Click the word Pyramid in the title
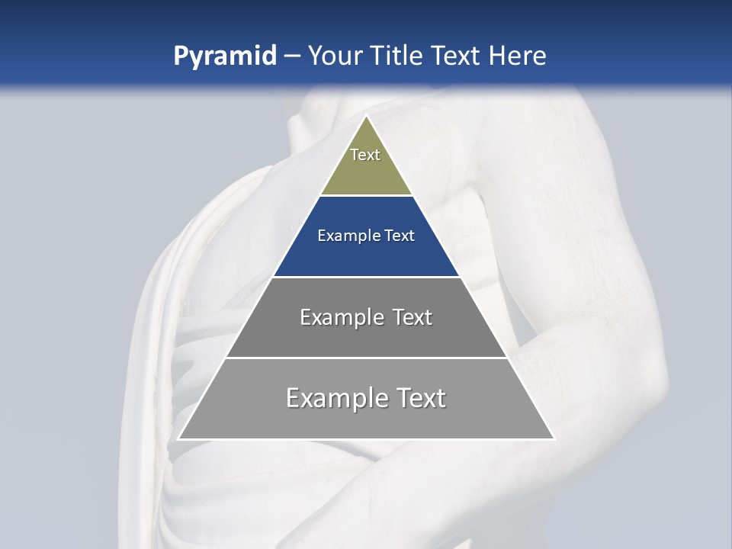tap(224, 56)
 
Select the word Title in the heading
tap(396, 56)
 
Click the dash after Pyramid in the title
tap(291, 56)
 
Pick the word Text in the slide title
tap(455, 56)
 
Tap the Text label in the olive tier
tap(365, 155)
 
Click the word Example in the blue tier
tap(344, 236)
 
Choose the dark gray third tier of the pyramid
tap(366, 335)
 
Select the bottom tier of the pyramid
tap(366, 419)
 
